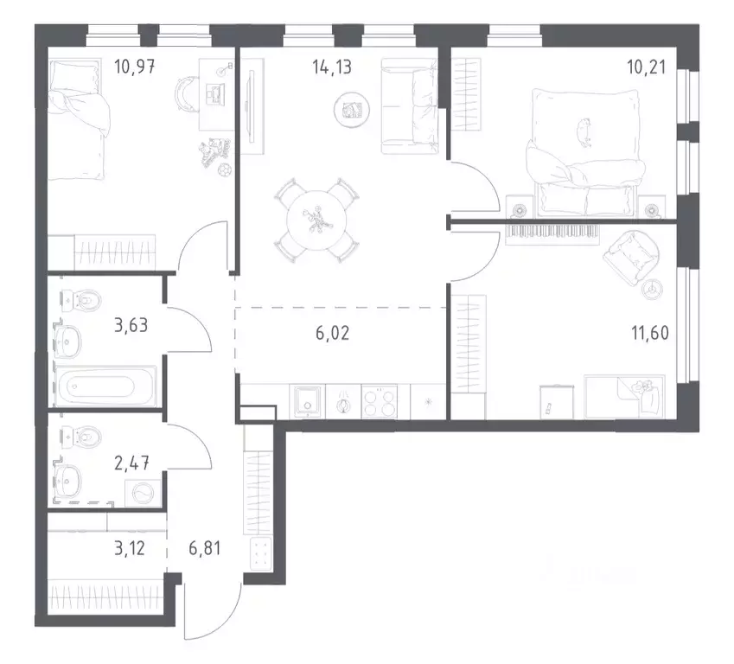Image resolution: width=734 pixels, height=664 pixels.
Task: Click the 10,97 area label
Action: click(134, 67)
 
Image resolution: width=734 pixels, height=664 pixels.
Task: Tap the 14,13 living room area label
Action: click(332, 67)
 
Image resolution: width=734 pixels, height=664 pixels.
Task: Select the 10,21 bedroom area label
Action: click(646, 67)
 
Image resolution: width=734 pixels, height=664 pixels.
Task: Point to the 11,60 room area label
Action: click(650, 333)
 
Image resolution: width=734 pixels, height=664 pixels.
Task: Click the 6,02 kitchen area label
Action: click(332, 334)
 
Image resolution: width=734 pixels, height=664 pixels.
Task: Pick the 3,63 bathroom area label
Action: click(131, 324)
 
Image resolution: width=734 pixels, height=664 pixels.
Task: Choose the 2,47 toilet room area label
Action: click(131, 463)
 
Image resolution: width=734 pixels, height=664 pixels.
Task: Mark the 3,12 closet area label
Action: click(130, 548)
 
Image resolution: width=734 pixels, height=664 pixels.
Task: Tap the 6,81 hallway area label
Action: click(205, 548)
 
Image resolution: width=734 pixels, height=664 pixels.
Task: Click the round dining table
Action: click(317, 220)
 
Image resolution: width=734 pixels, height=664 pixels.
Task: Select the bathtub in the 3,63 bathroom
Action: click(105, 386)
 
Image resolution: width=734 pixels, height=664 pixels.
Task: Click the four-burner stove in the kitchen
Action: click(380, 401)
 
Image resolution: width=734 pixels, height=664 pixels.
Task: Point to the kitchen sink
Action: click(307, 401)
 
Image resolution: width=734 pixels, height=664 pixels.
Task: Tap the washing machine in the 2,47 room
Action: click(143, 493)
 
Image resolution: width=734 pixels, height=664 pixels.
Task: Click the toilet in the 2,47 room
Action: click(80, 437)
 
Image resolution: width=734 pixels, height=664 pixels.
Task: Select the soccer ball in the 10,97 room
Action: click(225, 170)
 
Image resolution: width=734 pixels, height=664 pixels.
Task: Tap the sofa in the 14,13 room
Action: click(410, 105)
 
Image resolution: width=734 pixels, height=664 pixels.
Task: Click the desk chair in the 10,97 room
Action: click(186, 93)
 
